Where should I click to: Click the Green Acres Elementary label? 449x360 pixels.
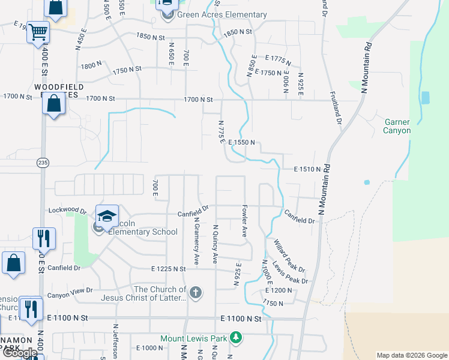coord(221,15)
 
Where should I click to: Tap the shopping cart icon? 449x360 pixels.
coord(38,31)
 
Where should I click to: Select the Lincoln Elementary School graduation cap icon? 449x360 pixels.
coord(107,217)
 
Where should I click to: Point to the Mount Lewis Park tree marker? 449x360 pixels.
coord(236,338)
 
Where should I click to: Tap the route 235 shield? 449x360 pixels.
coord(42,163)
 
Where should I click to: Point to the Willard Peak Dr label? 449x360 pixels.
coord(289,255)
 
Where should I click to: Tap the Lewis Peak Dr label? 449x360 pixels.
coord(290,273)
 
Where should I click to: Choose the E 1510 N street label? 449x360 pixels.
coord(308,170)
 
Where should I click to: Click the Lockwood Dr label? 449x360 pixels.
coord(67,211)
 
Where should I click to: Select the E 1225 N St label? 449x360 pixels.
coord(169,269)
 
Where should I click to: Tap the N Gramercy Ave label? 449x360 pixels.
coord(196,240)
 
